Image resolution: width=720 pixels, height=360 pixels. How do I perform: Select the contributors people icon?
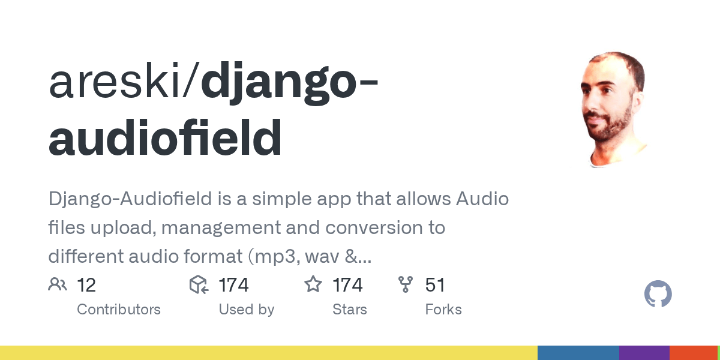point(58,284)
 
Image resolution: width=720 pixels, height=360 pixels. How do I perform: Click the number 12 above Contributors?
point(86,285)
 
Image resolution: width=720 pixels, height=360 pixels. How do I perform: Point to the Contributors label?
point(119,310)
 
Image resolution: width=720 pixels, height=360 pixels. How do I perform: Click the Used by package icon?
point(199,284)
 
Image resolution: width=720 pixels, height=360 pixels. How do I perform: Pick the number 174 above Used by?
point(233,285)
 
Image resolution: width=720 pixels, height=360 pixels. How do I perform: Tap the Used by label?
point(246,310)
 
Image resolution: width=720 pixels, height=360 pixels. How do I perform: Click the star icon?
point(313,284)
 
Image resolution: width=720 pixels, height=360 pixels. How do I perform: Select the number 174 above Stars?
point(347,285)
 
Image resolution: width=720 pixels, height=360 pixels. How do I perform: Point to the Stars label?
point(350,310)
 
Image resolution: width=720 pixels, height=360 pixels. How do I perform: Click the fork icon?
point(406,284)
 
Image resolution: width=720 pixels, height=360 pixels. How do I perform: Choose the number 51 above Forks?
point(435,285)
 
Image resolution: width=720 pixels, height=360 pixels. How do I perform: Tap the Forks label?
point(443,310)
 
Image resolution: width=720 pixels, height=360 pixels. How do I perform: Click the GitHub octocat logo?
point(658,295)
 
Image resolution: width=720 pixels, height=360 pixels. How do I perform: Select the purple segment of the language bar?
point(644,353)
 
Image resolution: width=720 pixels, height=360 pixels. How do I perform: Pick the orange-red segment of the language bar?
point(693,353)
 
